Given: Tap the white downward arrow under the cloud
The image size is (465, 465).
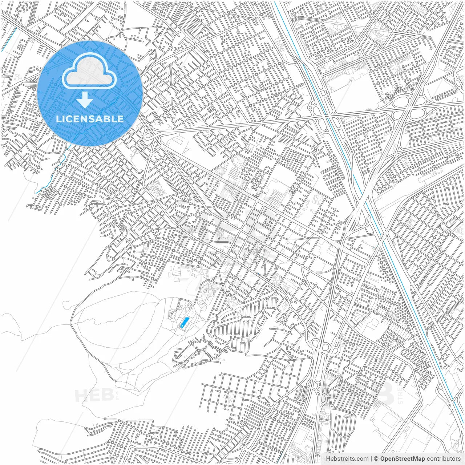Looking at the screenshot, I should [85, 100].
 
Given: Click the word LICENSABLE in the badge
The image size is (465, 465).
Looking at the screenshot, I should [90, 119].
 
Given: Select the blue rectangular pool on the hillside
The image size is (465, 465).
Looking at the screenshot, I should [185, 322].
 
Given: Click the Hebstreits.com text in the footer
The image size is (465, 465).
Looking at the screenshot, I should [347, 459].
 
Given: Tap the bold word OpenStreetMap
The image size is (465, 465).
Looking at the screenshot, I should [403, 459].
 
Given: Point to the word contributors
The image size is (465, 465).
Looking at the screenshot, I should [444, 459].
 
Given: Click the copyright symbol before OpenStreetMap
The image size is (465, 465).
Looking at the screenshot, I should [376, 459].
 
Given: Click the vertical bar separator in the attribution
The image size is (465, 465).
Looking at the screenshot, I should [371, 459].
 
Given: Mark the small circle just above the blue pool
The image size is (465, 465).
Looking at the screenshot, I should [187, 309].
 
